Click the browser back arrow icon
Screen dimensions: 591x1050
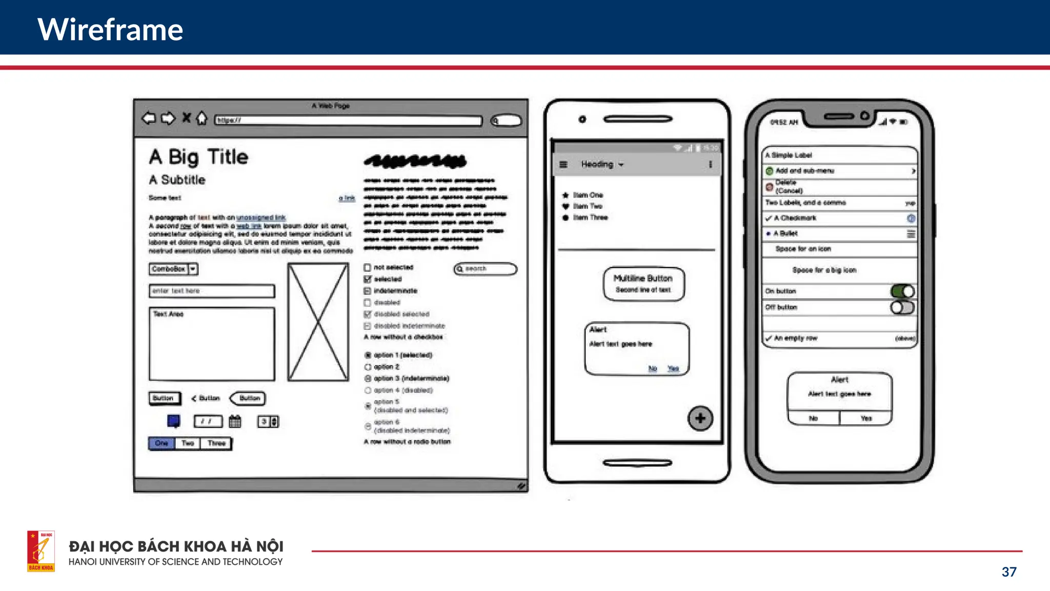point(149,119)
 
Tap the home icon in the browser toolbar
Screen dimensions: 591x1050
point(202,119)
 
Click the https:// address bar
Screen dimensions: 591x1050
point(349,121)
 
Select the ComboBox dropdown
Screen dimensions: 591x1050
point(173,269)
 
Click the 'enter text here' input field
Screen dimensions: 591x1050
point(212,291)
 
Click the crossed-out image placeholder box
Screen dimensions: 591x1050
point(318,322)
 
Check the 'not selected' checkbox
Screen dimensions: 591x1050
point(368,267)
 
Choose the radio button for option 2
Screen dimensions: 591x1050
point(368,367)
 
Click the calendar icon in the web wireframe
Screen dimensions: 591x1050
point(235,421)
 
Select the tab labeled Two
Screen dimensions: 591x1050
point(188,443)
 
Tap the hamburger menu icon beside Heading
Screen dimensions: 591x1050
point(563,165)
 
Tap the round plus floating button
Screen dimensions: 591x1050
point(700,419)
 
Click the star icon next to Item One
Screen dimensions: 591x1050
point(566,195)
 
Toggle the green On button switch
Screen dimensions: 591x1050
point(902,291)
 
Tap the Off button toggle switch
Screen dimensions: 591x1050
point(902,307)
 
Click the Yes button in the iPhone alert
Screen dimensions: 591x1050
point(866,419)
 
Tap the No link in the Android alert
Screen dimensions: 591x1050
point(653,368)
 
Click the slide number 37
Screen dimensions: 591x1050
point(1009,572)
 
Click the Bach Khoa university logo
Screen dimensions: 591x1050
point(41,551)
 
